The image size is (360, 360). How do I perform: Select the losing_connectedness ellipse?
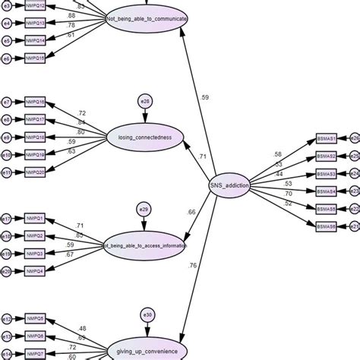[146, 137]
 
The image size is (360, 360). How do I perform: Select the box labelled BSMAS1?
[326, 138]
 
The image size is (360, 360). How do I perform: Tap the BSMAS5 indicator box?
[326, 209]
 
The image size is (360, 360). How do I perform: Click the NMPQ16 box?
[35, 102]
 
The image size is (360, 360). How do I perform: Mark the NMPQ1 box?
[35, 219]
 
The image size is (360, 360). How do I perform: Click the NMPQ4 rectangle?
[35, 271]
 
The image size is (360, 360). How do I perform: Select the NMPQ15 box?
[35, 58]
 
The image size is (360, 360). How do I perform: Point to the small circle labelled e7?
[7, 102]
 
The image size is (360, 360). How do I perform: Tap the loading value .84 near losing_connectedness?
[81, 122]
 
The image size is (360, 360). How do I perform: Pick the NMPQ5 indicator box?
[35, 318]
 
